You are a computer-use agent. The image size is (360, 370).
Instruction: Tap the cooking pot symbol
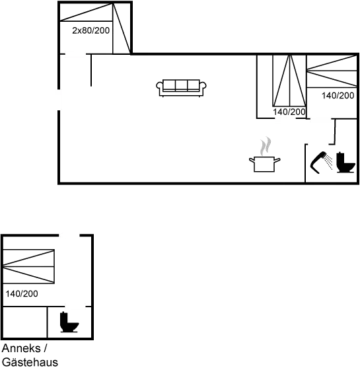click(264, 163)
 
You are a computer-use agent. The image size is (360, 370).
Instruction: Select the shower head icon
click(322, 163)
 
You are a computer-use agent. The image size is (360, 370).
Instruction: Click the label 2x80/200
click(91, 30)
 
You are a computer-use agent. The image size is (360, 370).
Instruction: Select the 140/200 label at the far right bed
click(338, 96)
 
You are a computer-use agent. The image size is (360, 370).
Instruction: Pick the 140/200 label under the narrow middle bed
click(289, 112)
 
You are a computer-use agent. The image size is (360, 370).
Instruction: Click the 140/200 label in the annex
click(20, 293)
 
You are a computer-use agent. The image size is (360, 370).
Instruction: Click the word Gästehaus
click(30, 362)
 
